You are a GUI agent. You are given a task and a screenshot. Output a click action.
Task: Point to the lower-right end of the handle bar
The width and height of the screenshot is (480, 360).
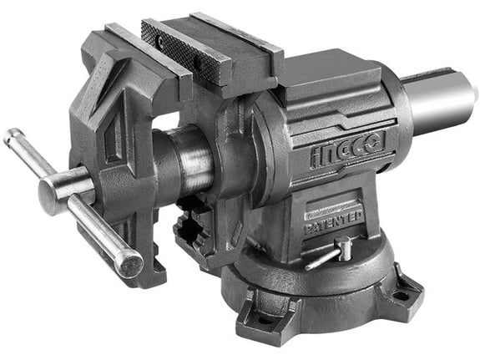click(x=131, y=266)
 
